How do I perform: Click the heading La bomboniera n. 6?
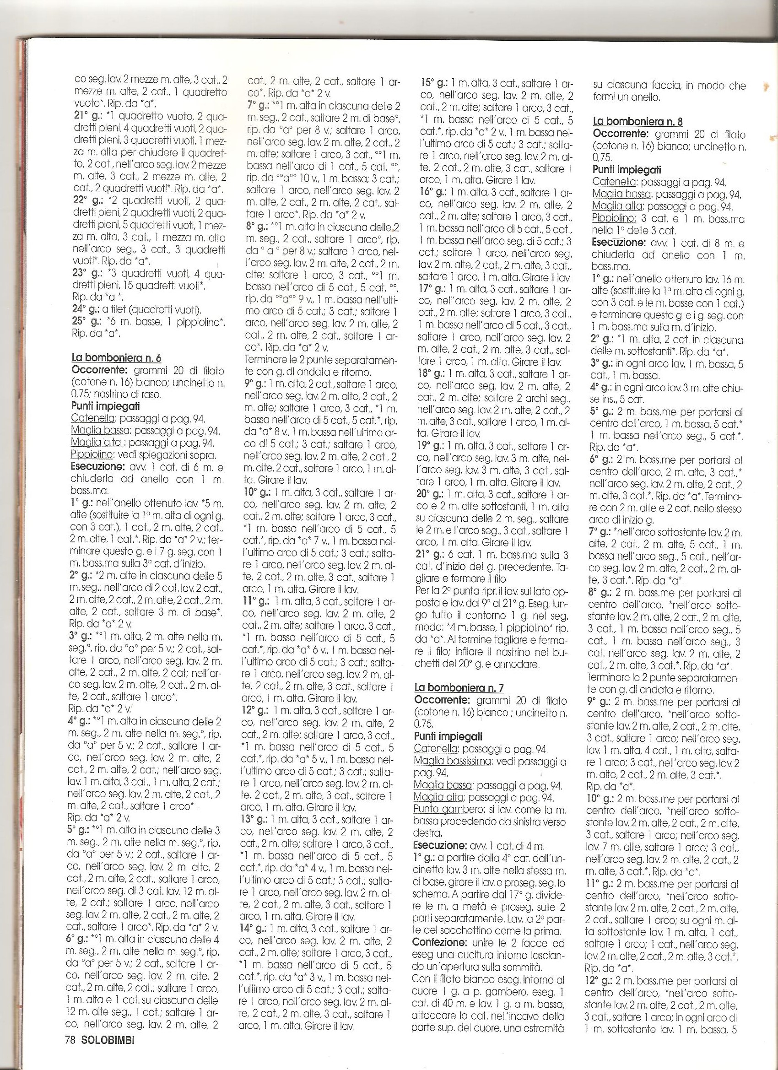116,358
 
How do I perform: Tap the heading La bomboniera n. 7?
459,688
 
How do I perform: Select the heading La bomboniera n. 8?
638,122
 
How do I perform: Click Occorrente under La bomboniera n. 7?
442,701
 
